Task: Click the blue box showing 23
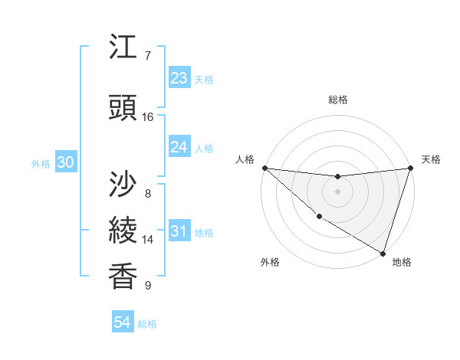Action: click(179, 78)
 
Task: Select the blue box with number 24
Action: click(179, 147)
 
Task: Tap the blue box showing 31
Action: click(179, 231)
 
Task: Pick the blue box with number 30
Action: click(65, 162)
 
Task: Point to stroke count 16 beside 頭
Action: click(147, 117)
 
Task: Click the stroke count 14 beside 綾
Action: click(147, 240)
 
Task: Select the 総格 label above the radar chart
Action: click(338, 100)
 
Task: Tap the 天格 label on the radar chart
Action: click(431, 159)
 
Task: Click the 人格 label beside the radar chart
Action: click(245, 159)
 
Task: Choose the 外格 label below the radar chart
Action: click(270, 262)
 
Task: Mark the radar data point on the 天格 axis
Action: click(410, 168)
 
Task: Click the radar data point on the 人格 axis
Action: click(264, 168)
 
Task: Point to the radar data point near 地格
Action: click(383, 253)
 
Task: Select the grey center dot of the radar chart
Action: click(337, 191)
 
